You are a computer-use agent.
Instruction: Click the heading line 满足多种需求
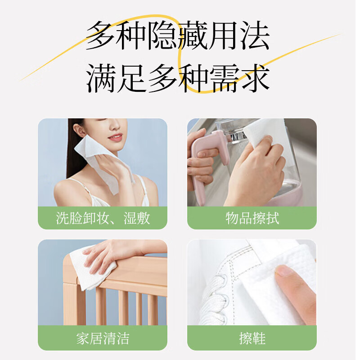pos(178,77)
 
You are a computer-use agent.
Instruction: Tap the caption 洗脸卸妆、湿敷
pos(103,218)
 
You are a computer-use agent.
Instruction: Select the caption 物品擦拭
pos(252,218)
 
